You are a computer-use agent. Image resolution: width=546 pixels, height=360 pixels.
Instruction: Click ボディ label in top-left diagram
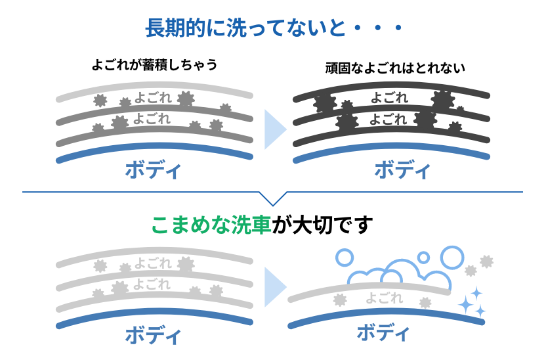(x=154, y=170)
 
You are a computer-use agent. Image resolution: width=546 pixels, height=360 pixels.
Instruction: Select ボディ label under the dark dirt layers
(x=402, y=170)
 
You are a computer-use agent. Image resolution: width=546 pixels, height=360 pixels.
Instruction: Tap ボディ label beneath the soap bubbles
(x=385, y=332)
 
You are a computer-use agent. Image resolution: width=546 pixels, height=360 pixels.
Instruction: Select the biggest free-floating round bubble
(x=452, y=256)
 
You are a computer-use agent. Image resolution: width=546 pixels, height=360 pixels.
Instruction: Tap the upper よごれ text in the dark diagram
(x=389, y=98)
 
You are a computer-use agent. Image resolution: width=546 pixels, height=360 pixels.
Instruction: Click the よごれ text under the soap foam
(x=383, y=297)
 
